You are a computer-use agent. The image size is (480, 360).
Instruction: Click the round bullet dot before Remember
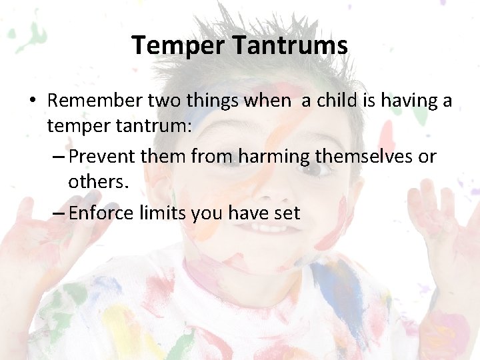32,101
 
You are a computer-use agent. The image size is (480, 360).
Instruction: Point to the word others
97,181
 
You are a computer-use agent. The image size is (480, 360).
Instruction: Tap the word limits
161,213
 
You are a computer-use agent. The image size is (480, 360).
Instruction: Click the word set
286,214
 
